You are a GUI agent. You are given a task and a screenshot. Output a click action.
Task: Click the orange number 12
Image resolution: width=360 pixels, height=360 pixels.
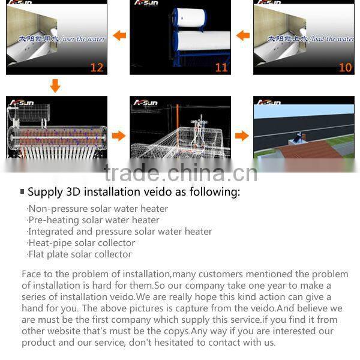tap(97, 67)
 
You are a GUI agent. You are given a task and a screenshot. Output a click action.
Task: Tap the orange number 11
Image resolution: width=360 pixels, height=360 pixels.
tap(221, 67)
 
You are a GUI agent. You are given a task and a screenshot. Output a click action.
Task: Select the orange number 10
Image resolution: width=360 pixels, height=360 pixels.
tap(345, 67)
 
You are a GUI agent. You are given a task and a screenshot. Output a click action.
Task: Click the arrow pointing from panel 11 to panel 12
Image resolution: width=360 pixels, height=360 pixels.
tap(119, 35)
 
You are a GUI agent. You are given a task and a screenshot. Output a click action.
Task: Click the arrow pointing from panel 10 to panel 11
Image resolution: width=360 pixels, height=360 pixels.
tap(242, 35)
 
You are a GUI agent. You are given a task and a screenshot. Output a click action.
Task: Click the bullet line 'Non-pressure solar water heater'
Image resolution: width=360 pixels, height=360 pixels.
tap(98, 209)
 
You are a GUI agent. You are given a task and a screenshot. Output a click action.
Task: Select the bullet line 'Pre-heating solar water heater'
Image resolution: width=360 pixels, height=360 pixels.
tap(94, 220)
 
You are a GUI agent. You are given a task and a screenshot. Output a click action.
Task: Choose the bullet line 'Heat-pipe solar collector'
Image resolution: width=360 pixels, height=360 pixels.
tap(82, 243)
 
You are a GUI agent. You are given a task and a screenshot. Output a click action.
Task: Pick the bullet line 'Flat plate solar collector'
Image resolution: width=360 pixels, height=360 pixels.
tap(80, 254)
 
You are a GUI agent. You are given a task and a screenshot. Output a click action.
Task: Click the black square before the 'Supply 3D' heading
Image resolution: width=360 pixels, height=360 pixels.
tap(22, 192)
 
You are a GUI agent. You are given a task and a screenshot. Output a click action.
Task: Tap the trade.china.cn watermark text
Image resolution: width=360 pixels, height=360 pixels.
tap(180, 173)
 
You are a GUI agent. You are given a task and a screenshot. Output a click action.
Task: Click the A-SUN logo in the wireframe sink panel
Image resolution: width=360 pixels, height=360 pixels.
tap(146, 103)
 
